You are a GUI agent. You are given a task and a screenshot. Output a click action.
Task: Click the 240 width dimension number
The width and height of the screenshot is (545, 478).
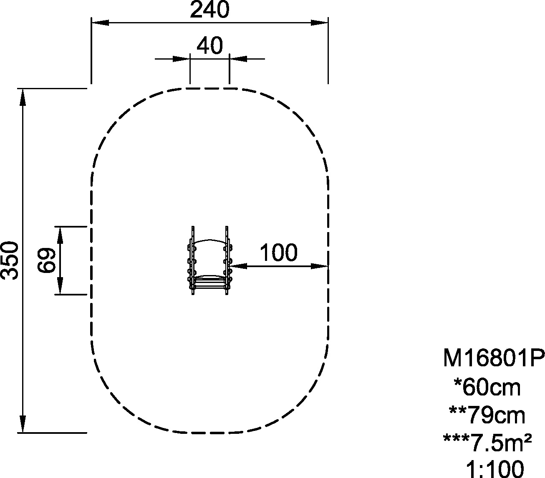pos(209,10)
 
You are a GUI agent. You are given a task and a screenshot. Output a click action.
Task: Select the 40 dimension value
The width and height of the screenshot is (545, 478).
pos(210,45)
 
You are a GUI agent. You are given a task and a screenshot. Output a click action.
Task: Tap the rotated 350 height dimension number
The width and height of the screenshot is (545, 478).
pos(10,260)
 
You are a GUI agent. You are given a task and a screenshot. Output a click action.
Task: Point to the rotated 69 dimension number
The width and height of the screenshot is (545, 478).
pos(47,260)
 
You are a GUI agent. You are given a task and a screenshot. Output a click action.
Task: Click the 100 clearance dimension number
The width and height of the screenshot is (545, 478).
pos(279,252)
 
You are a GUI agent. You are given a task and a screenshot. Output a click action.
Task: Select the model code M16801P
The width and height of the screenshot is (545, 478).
pos(494,358)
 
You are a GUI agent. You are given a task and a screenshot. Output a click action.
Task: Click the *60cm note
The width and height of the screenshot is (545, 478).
pos(487,387)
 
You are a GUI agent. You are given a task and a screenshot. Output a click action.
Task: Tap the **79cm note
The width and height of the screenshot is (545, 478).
pos(487,415)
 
